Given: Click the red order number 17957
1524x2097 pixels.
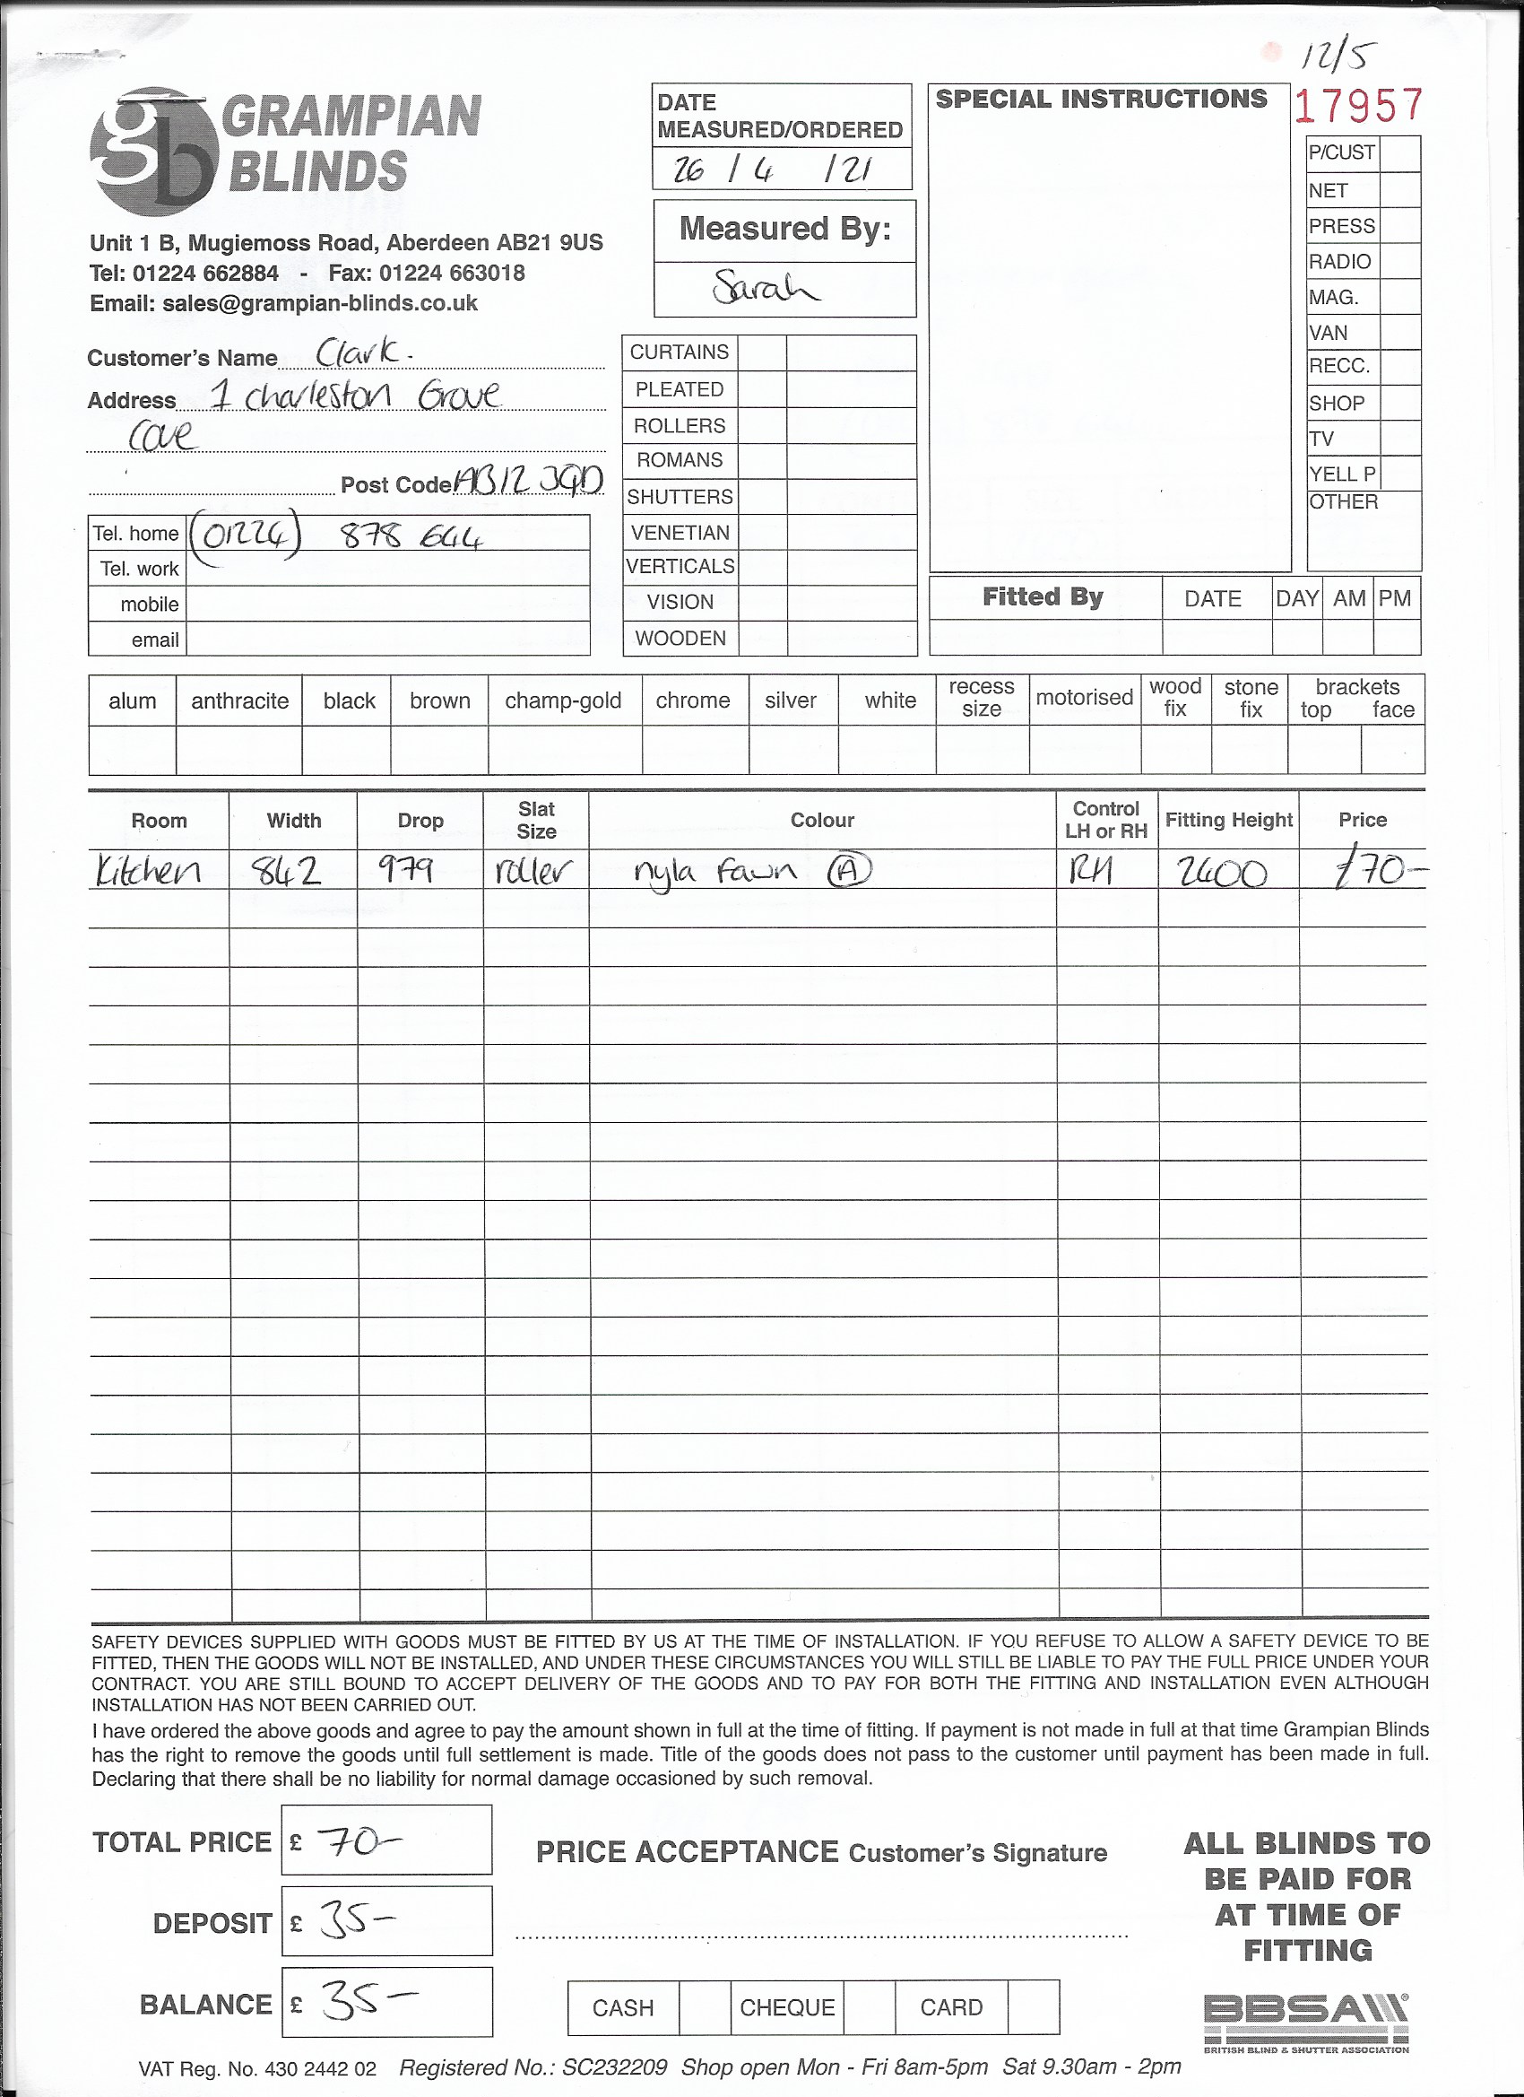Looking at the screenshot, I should pyautogui.click(x=1357, y=106).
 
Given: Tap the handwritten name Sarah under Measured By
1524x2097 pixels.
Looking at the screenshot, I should pyautogui.click(x=765, y=289).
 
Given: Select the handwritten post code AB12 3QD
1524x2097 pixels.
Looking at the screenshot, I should pyautogui.click(x=529, y=480).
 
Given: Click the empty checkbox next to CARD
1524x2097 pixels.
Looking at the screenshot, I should pyautogui.click(x=1033, y=2007).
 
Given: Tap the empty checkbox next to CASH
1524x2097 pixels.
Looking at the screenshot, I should pyautogui.click(x=705, y=2007).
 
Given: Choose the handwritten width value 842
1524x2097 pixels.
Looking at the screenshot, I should pyautogui.click(x=287, y=870).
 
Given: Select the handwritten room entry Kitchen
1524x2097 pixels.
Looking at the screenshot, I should pyautogui.click(x=149, y=870).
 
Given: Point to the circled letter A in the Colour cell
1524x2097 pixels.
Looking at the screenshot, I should pyautogui.click(x=848, y=869).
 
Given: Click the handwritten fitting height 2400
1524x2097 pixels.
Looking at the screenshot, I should pyautogui.click(x=1222, y=872).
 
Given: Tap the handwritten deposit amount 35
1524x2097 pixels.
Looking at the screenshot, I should pyautogui.click(x=357, y=1921).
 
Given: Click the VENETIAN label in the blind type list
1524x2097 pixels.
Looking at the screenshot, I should pyautogui.click(x=680, y=533).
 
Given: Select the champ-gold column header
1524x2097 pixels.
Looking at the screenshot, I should pyautogui.click(x=563, y=700).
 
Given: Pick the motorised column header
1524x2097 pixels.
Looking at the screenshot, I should pyautogui.click(x=1084, y=697).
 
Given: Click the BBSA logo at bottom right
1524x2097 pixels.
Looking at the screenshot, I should pyautogui.click(x=1306, y=2022).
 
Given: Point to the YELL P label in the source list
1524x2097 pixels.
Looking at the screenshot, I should pyautogui.click(x=1342, y=474).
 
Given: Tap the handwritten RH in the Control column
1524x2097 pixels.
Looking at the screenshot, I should pyautogui.click(x=1090, y=869).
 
